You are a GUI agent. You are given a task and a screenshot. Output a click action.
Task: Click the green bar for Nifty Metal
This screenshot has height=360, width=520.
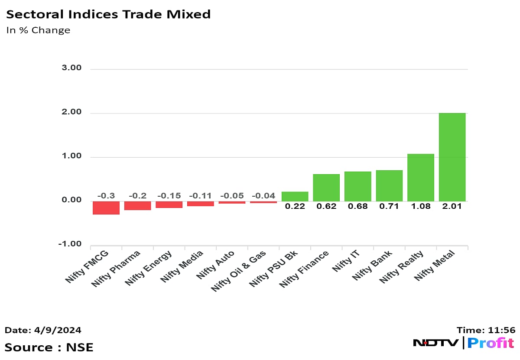point(452,157)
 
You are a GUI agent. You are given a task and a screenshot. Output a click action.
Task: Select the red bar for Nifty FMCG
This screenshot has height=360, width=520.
point(106,208)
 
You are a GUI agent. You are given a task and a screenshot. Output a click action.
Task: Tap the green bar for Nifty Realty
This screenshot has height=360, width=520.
point(421,177)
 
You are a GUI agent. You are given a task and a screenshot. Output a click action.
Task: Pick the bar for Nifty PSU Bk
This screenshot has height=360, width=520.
point(295,196)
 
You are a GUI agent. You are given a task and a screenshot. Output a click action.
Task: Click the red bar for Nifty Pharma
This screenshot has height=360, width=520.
point(137,205)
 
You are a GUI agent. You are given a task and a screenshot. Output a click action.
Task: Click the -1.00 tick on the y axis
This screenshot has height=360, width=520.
point(71,244)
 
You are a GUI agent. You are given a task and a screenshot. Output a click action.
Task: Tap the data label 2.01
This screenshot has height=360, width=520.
point(452,206)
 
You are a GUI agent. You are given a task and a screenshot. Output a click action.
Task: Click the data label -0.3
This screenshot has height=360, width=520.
point(106,196)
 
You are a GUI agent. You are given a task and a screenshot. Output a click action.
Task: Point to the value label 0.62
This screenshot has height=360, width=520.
point(326,206)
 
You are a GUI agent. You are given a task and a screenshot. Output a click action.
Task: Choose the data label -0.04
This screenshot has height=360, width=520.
point(263,196)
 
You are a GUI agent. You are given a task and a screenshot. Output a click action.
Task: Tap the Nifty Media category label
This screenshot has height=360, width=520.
point(182,267)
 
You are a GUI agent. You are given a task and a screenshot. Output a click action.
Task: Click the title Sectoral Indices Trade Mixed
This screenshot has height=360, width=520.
point(108,14)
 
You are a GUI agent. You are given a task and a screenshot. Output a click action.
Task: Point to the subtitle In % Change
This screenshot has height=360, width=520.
point(38,30)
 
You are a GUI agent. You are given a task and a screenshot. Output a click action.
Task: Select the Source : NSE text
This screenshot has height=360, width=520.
point(49,347)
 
